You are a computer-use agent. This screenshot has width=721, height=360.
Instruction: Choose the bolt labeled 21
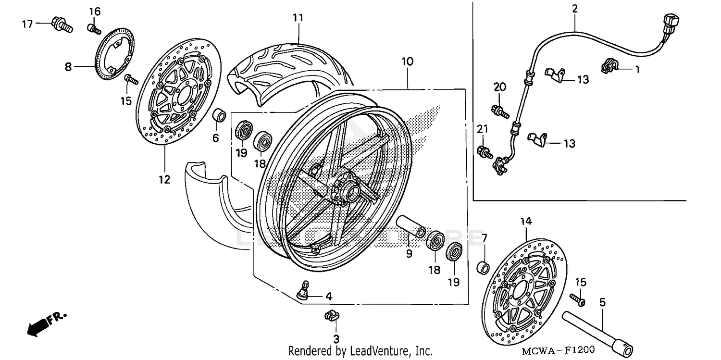pos(484,152)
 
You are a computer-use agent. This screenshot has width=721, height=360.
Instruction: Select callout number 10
pos(407,62)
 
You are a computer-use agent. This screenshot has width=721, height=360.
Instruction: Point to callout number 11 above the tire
pos(298,18)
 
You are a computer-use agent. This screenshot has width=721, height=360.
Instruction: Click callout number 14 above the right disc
pos(526,222)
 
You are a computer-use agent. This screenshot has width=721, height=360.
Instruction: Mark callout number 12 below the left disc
pos(164,180)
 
